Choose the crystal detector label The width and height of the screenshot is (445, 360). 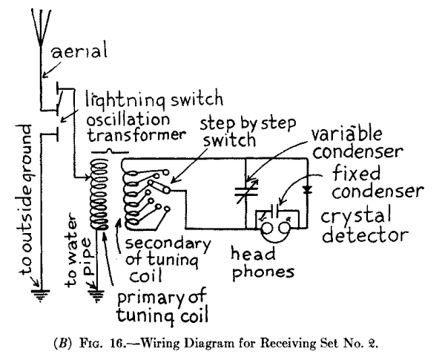[370, 226]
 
